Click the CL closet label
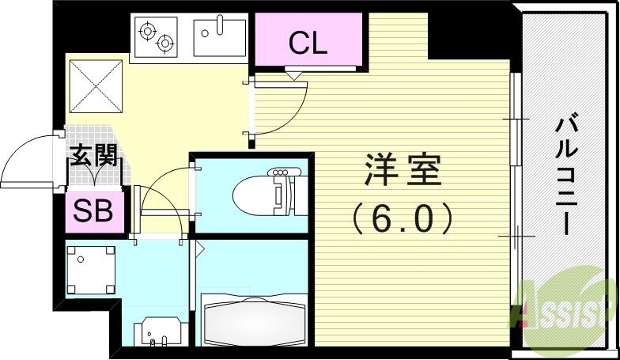click(308, 44)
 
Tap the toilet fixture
click(261, 192)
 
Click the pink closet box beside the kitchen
click(308, 44)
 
